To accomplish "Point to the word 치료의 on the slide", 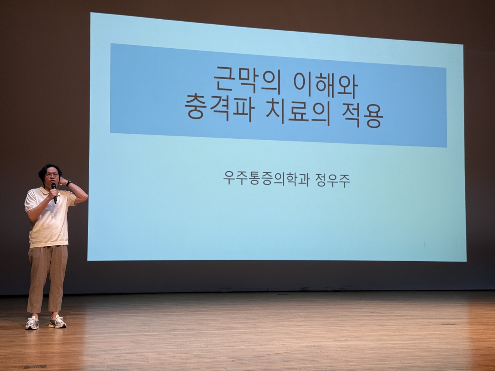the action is coord(298,112).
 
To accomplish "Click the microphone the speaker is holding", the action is coord(54,192).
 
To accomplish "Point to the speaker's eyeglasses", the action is coord(52,175).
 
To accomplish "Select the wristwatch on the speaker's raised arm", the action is coord(69,183).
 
